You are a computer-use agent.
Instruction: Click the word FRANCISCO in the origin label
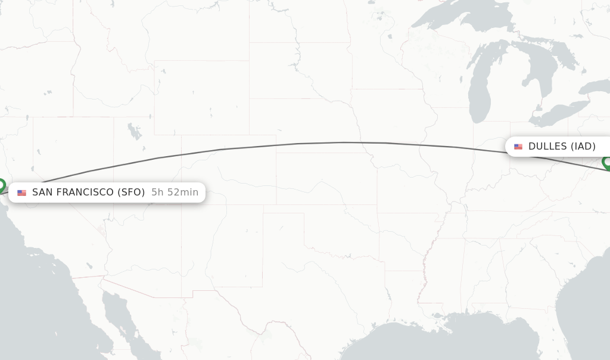pos(82,193)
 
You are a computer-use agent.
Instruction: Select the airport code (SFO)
pos(130,193)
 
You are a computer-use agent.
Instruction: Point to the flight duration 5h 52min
pos(175,193)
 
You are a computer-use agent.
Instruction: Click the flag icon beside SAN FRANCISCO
pos(22,193)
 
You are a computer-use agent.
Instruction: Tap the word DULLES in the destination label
pos(547,147)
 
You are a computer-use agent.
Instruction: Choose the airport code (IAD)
pos(583,147)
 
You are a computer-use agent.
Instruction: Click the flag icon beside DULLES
pos(518,147)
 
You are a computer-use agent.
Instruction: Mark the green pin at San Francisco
pos(1,185)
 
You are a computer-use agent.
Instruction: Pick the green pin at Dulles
pos(607,162)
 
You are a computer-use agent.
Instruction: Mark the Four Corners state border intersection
pos(182,204)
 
